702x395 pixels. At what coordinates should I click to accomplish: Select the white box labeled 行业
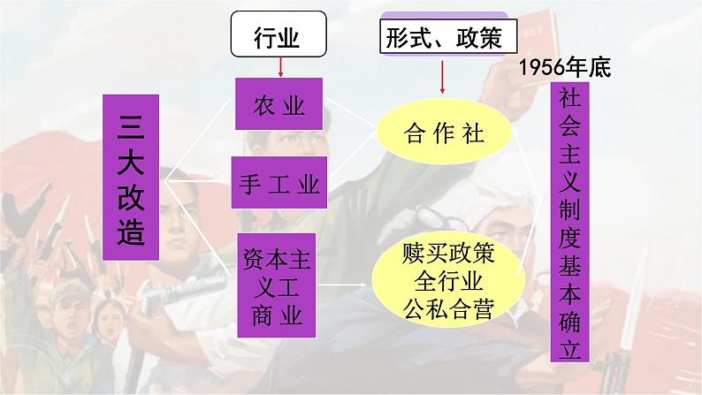click(x=277, y=38)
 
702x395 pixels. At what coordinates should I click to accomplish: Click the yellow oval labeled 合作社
click(x=445, y=134)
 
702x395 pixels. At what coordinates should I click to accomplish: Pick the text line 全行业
click(x=446, y=282)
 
